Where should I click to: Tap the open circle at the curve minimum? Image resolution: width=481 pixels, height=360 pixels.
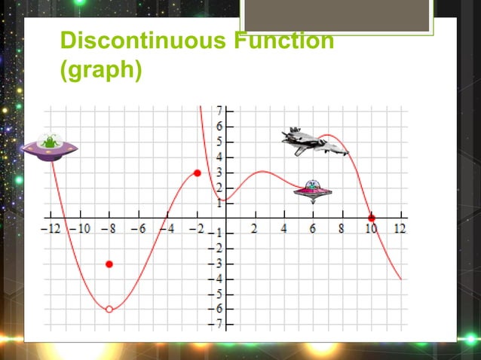pos(109,309)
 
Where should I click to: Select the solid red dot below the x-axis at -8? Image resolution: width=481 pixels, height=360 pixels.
pos(109,264)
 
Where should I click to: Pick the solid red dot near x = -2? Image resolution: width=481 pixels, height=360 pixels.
pos(198,173)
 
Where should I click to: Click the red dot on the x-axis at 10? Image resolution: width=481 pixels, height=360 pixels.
pos(371,218)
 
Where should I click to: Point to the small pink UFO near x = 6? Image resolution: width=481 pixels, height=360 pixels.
pos(312,191)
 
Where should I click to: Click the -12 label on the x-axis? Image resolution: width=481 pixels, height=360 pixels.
pos(52,229)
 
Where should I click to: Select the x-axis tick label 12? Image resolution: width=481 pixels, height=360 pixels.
pos(400,229)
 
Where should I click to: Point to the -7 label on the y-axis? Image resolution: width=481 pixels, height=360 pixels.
pos(216,324)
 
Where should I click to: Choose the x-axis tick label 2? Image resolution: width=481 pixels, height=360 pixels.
pos(255,229)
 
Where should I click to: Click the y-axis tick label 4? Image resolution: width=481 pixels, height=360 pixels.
pos(218,157)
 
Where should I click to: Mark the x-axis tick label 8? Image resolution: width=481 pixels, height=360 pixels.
pos(342,229)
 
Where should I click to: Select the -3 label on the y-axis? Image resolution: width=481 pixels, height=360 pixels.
pos(216,264)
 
